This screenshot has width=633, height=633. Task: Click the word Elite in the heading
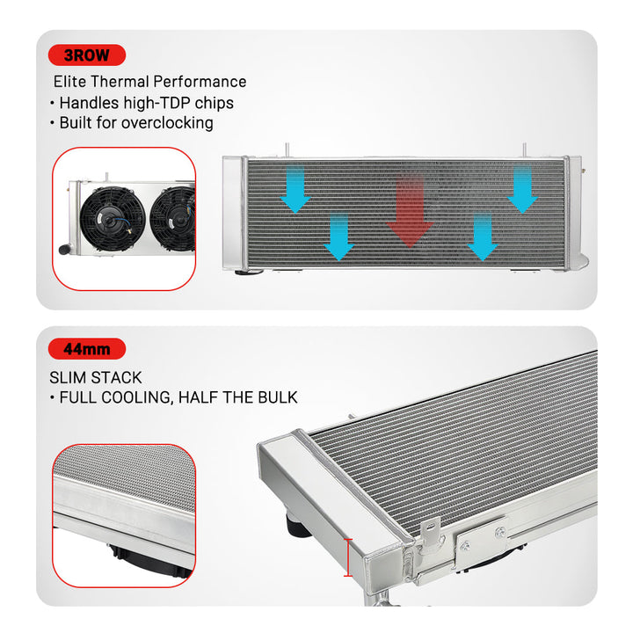pyautogui.click(x=70, y=82)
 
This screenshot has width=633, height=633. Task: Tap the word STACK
pyautogui.click(x=117, y=377)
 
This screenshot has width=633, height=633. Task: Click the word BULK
pyautogui.click(x=274, y=397)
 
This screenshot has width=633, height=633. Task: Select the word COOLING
pyautogui.click(x=136, y=397)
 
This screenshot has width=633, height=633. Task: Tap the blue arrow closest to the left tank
pyautogui.click(x=295, y=192)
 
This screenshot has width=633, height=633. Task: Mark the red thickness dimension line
pyautogui.click(x=349, y=557)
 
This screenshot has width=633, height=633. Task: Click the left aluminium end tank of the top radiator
pyautogui.click(x=235, y=211)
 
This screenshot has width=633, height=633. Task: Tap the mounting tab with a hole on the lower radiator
pyautogui.click(x=430, y=530)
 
